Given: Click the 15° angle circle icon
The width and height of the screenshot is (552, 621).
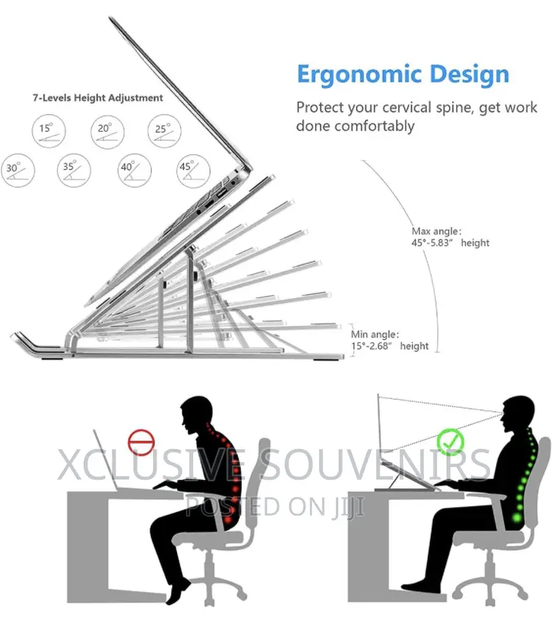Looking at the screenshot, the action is [x=49, y=131].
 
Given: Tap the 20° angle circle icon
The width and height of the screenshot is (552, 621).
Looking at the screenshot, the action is [x=107, y=132].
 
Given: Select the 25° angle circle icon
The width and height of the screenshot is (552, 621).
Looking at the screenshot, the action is [x=164, y=131].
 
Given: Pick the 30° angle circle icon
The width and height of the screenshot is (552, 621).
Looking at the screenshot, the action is [x=18, y=171].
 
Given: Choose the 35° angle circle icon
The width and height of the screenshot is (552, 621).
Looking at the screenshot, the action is [x=74, y=170].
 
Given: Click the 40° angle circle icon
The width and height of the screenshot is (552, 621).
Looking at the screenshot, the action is [x=135, y=170].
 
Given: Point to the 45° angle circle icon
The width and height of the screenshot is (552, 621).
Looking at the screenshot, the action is [x=193, y=171].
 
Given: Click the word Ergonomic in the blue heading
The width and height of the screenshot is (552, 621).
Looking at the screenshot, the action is [x=359, y=75].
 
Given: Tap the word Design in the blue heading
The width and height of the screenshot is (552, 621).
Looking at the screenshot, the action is [x=470, y=74].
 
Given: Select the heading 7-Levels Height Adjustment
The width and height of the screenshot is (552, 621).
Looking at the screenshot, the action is [x=98, y=98].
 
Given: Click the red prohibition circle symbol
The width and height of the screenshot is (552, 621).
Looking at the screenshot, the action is [x=141, y=442].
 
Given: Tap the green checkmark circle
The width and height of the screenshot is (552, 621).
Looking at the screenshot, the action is [x=450, y=441].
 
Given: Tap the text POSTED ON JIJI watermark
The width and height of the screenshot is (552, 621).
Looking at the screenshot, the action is [x=275, y=506].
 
